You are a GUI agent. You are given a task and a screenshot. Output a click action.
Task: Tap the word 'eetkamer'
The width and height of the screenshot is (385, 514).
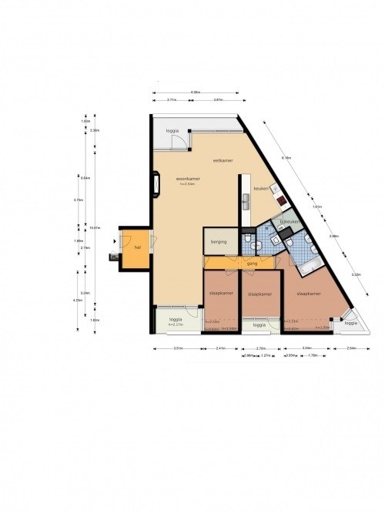click(x=223, y=160)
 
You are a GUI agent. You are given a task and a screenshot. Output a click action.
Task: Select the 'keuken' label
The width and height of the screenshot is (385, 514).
click(x=260, y=187)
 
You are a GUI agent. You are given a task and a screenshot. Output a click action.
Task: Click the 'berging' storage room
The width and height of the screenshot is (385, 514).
click(x=219, y=241)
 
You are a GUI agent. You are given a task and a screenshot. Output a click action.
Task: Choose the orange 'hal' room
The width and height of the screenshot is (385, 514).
click(x=136, y=247)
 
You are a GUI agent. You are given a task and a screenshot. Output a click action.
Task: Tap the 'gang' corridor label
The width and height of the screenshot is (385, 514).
click(x=251, y=264)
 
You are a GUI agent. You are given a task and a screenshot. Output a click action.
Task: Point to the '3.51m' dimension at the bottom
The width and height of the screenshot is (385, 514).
click(x=177, y=348)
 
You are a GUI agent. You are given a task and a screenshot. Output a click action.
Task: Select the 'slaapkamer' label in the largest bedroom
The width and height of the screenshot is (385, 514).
click(x=308, y=293)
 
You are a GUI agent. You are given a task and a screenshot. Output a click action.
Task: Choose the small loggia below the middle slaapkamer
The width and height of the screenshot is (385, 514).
click(x=259, y=325)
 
